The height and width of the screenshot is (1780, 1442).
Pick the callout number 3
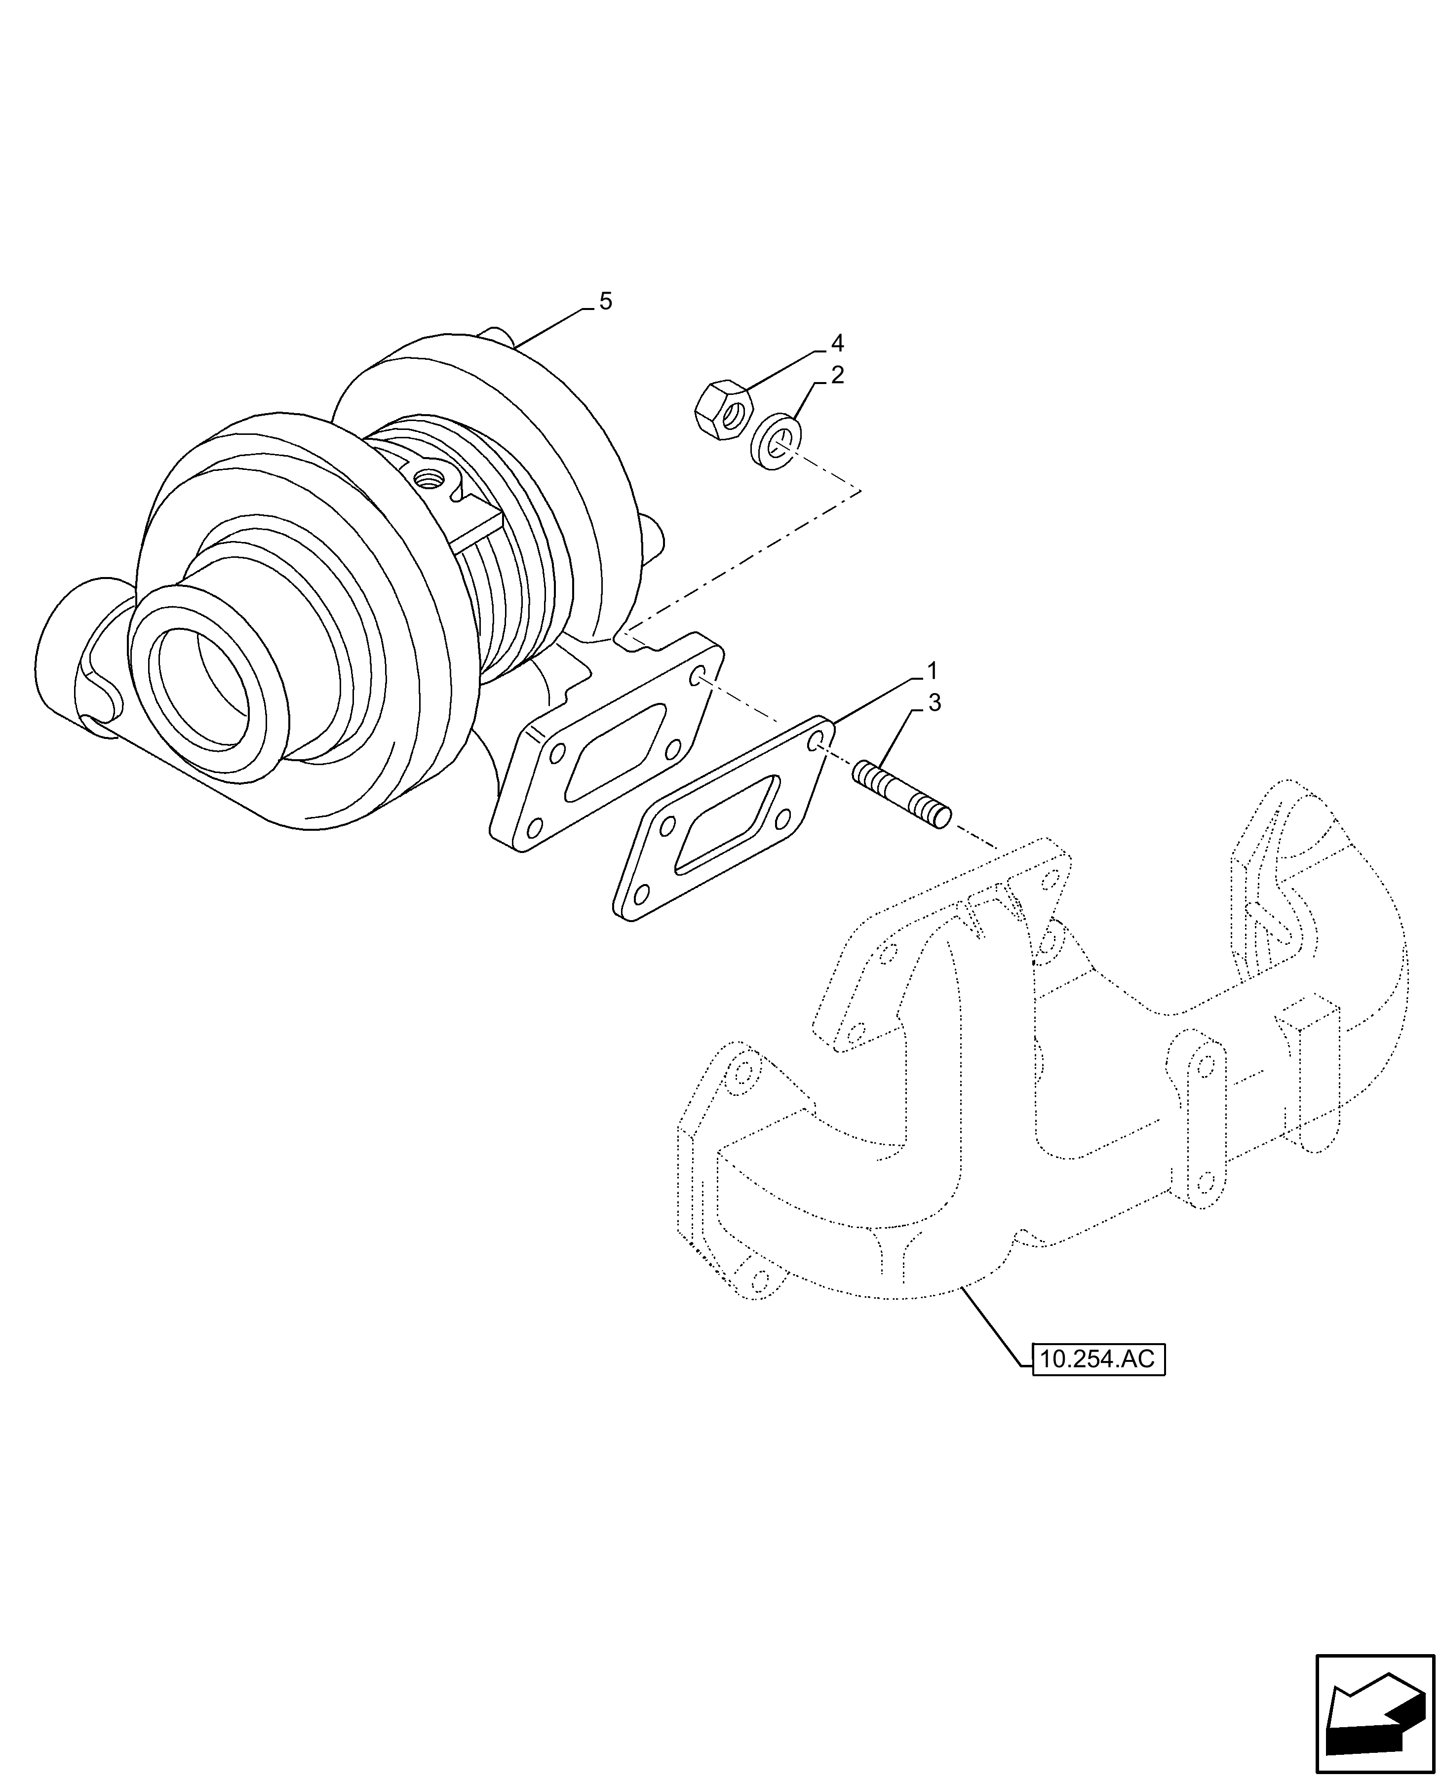[x=935, y=703]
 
